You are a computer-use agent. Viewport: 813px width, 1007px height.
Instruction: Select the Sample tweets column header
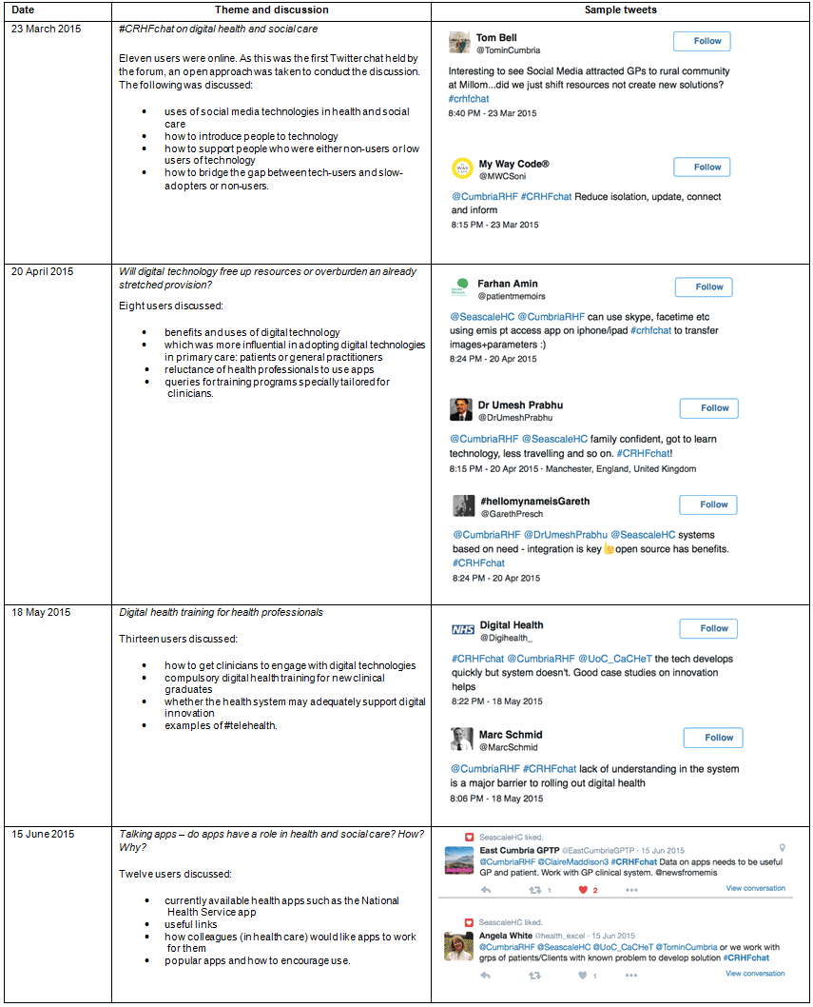[x=620, y=10]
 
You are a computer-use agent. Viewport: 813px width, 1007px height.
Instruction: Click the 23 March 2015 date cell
[x=47, y=29]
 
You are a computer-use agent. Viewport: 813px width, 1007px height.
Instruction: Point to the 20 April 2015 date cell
[x=43, y=271]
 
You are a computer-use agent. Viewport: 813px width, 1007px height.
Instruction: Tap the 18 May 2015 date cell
[x=41, y=612]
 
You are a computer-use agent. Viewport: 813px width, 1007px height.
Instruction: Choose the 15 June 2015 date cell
[x=43, y=834]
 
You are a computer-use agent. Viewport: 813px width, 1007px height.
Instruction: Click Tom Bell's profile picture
[x=460, y=42]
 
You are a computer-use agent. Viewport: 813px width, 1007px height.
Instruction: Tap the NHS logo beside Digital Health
[x=462, y=629]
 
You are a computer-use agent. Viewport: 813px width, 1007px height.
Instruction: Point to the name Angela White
[x=505, y=936]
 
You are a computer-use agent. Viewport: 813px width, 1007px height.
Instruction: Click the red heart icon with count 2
[x=583, y=891]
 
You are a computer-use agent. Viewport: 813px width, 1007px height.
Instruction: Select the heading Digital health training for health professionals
[x=221, y=612]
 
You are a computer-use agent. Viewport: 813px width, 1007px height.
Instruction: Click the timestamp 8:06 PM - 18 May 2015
[x=496, y=799]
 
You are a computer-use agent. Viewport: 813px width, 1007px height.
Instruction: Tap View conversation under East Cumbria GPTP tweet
[x=755, y=888]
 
